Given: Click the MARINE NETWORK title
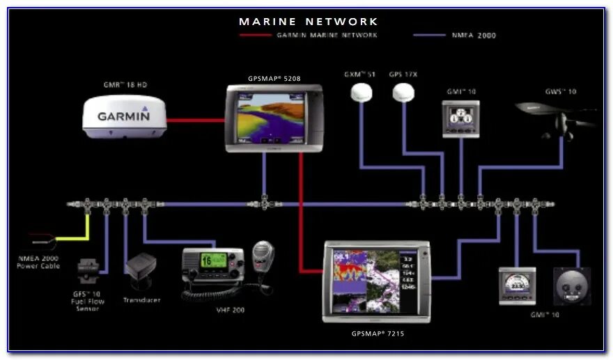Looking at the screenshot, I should pyautogui.click(x=309, y=22).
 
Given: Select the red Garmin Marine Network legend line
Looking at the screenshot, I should pyautogui.click(x=254, y=35).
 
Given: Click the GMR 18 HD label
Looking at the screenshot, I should pyautogui.click(x=125, y=85).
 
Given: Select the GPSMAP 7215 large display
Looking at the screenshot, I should pyautogui.click(x=376, y=281).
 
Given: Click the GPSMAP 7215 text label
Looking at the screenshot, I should pyautogui.click(x=378, y=334).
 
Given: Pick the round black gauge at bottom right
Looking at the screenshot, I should pyautogui.click(x=571, y=286).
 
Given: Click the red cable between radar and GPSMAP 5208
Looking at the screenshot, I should pyautogui.click(x=196, y=120).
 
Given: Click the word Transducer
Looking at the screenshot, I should pyautogui.click(x=141, y=299).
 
